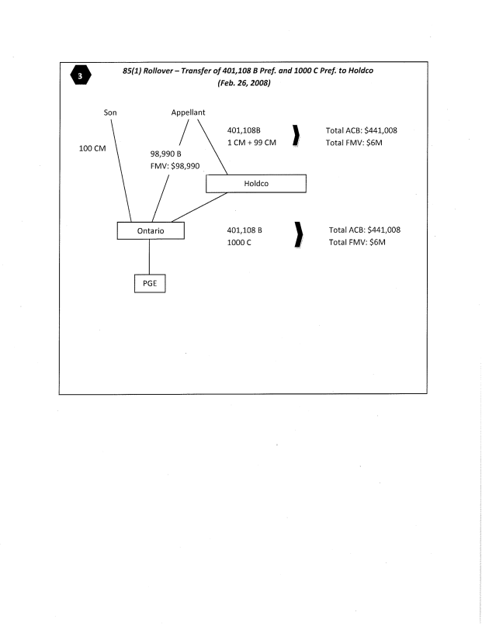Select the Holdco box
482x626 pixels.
[x=255, y=184]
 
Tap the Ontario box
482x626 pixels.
[x=151, y=230]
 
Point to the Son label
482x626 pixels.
[x=111, y=112]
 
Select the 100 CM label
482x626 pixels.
[x=94, y=147]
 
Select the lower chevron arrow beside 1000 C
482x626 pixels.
[x=296, y=237]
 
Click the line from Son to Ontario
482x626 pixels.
[x=120, y=171]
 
